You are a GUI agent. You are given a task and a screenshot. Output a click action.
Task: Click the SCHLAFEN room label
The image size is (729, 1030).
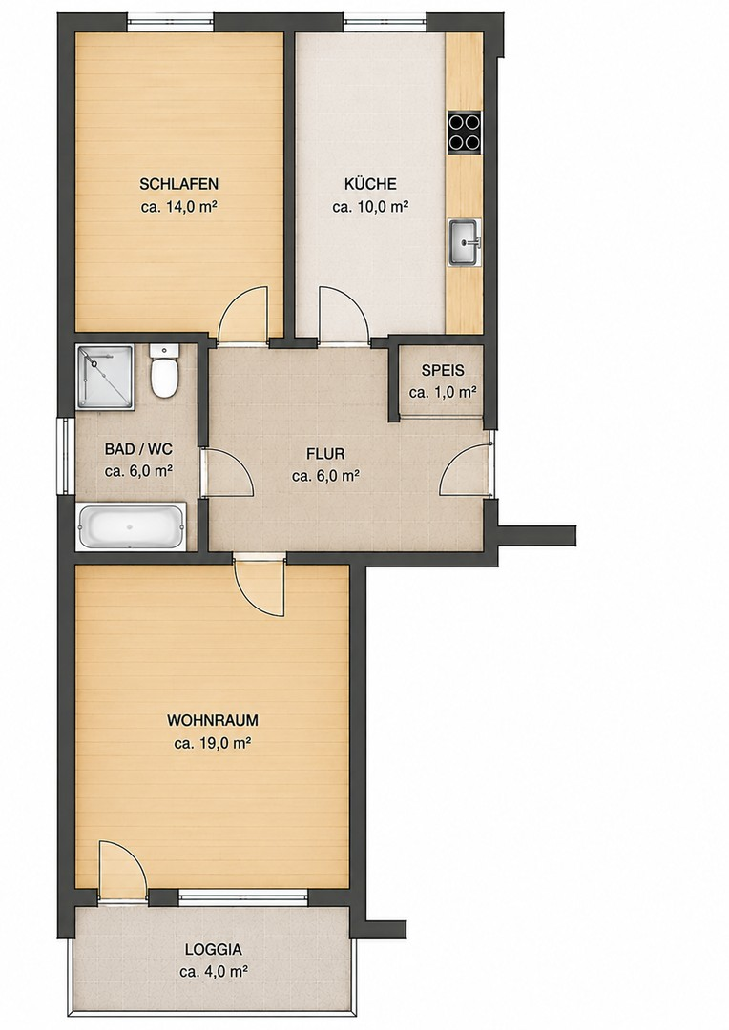click(178, 184)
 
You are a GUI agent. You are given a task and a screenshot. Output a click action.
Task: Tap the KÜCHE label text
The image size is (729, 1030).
click(370, 184)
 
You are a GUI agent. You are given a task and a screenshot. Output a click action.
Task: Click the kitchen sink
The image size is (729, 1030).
click(465, 242)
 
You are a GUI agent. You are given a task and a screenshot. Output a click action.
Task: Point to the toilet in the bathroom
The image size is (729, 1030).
click(163, 371)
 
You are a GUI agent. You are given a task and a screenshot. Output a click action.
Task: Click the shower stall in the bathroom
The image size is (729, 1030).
click(106, 378)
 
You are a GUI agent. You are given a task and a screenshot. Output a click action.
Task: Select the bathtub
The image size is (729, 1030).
click(132, 526)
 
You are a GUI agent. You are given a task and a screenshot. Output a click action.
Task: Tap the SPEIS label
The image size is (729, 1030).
click(443, 370)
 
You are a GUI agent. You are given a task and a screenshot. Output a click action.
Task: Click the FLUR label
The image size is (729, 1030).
click(325, 454)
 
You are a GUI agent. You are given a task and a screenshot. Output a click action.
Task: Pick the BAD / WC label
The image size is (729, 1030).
click(138, 449)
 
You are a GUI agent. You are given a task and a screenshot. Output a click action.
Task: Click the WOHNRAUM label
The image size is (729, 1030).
click(213, 721)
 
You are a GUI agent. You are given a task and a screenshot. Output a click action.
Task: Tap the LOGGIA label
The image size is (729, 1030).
click(213, 949)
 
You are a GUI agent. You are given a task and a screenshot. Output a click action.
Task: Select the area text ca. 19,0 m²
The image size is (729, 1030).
click(214, 744)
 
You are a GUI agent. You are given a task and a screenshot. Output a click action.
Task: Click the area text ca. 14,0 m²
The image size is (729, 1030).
click(179, 208)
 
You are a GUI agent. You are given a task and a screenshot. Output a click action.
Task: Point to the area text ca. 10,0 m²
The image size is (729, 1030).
click(371, 208)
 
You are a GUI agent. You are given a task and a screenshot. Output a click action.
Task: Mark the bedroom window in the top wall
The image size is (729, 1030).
click(170, 23)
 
